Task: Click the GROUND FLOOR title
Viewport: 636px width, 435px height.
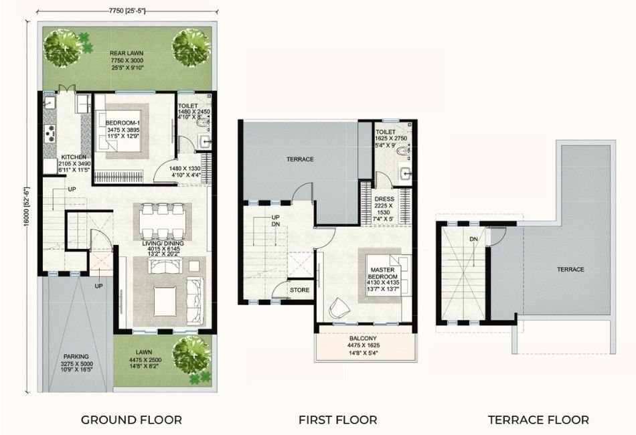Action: point(131,420)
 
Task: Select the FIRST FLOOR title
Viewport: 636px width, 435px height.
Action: point(337,420)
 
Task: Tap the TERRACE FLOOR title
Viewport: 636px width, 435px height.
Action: point(538,420)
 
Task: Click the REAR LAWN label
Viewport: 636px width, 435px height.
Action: point(127,53)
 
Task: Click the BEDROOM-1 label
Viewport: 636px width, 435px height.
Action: point(122,122)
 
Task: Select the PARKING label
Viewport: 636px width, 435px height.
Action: point(77,357)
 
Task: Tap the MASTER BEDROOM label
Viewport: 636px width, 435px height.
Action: point(384,273)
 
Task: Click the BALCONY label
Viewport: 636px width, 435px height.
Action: point(366,338)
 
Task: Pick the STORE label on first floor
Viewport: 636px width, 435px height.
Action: point(299,290)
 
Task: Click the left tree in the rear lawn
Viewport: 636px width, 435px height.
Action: point(63,46)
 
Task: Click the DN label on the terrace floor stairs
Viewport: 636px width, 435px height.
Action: point(473,238)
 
